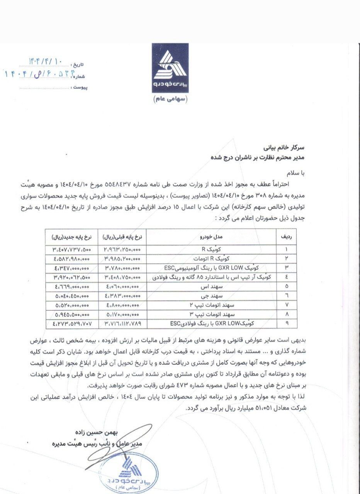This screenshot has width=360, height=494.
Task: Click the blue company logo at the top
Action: pyautogui.click(x=170, y=68)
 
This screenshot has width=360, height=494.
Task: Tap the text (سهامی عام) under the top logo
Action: pyautogui.click(x=170, y=99)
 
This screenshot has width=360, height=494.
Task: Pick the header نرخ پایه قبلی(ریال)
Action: pyautogui.click(x=122, y=235)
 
